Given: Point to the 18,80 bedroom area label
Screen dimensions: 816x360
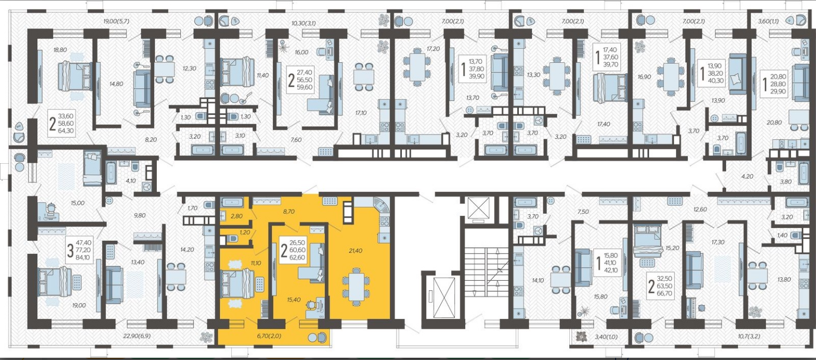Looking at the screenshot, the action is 60,50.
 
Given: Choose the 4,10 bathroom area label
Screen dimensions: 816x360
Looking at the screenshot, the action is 131,180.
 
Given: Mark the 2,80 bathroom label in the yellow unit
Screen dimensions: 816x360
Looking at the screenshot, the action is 237,216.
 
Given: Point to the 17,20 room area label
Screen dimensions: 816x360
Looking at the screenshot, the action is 433,48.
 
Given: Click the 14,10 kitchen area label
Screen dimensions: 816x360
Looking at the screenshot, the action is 538,280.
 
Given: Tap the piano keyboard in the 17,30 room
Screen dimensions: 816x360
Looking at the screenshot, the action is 689,308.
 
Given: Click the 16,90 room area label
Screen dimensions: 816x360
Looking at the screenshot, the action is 644,77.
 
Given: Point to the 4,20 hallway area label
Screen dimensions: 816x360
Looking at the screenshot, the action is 744,177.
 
